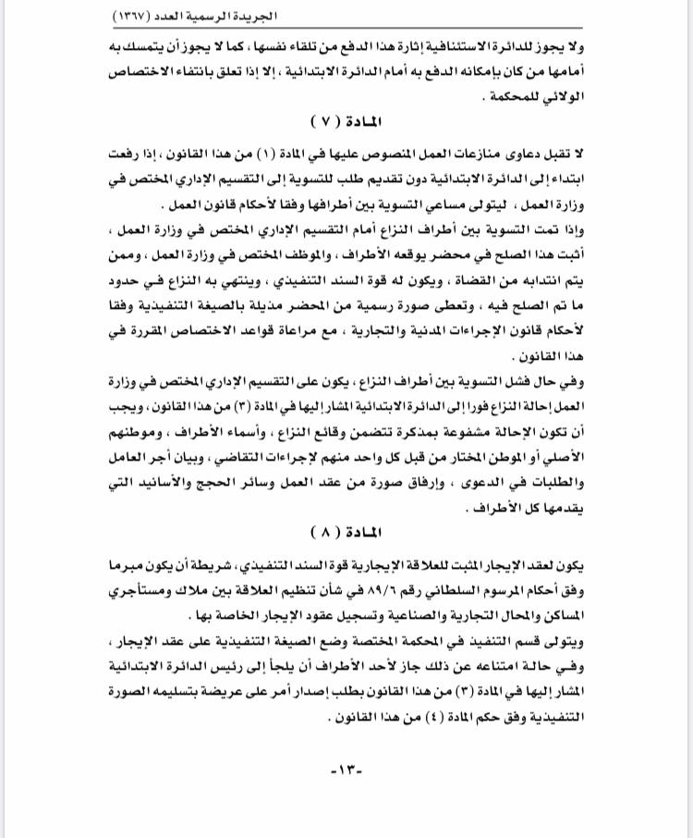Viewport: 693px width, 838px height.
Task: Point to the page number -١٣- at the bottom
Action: [346, 769]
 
